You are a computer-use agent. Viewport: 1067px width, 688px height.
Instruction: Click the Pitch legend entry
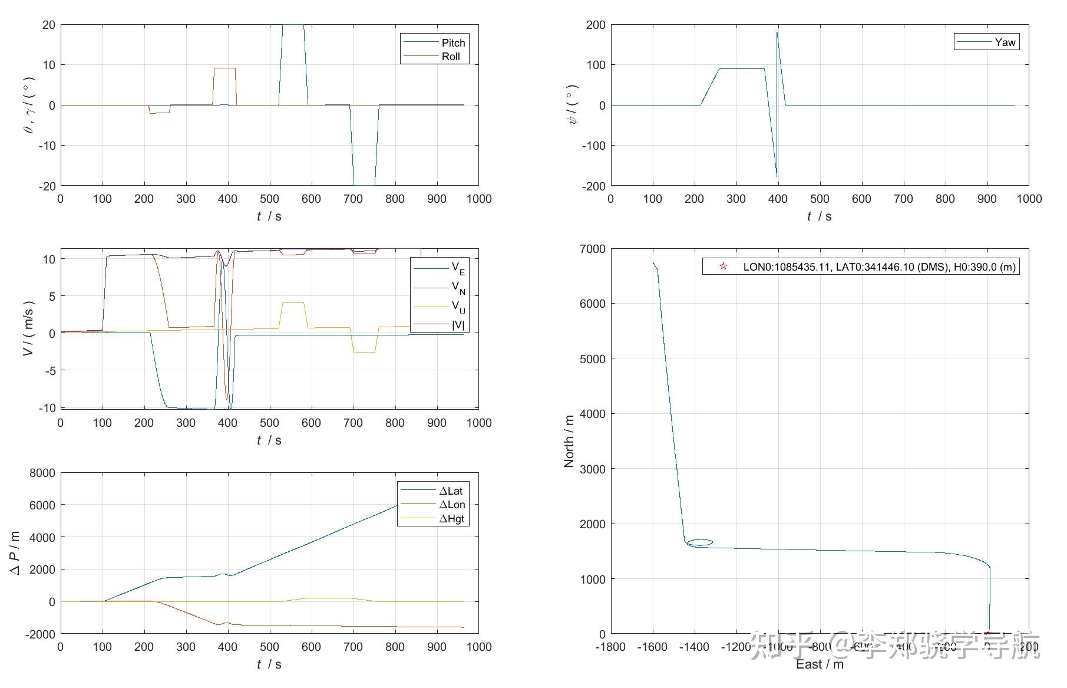point(452,42)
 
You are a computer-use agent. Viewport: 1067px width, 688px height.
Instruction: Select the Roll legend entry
point(451,57)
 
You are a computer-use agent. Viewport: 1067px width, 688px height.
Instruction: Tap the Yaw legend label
point(1005,42)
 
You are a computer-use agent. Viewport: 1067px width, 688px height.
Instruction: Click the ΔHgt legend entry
point(452,519)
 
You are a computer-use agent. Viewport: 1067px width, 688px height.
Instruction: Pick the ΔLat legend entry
point(451,491)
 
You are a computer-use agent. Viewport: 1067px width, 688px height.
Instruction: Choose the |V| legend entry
point(458,324)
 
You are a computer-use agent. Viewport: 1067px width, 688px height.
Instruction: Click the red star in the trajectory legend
point(723,266)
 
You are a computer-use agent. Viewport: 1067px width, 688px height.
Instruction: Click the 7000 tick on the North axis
point(593,249)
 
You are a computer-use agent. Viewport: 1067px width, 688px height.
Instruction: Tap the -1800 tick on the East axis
point(610,647)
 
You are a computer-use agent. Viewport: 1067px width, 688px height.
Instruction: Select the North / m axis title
point(569,441)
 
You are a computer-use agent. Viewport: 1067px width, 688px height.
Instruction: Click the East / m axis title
point(820,664)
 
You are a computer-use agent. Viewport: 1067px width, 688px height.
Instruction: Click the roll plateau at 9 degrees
point(224,68)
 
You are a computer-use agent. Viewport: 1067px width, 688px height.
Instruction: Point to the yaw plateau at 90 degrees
point(742,69)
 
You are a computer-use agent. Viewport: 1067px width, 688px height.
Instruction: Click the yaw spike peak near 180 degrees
point(777,32)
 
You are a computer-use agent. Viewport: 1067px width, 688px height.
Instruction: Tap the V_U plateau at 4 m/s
point(293,303)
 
